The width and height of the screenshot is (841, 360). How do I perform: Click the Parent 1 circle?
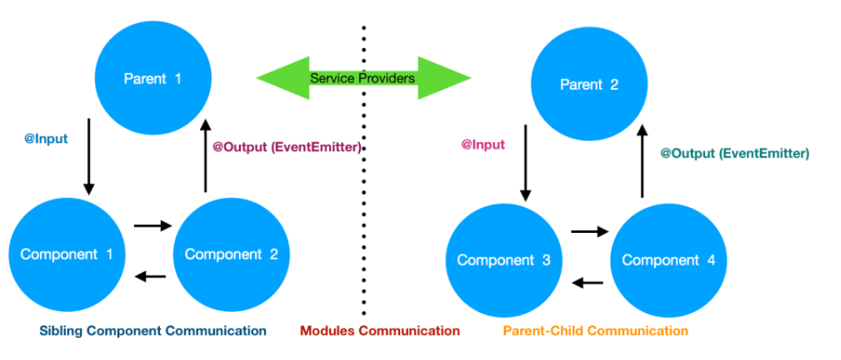tap(152, 79)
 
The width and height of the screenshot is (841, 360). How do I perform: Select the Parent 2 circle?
tap(589, 85)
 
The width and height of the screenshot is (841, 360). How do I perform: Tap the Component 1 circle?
tap(67, 254)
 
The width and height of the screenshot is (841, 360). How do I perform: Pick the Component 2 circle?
tap(231, 254)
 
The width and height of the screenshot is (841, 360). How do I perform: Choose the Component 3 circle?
tap(504, 260)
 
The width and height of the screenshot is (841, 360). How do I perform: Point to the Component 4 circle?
tap(668, 260)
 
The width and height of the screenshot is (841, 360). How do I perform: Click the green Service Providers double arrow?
tap(363, 79)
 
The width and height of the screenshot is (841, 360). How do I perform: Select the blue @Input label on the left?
tap(46, 139)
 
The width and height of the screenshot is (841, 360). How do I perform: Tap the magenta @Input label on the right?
tap(483, 144)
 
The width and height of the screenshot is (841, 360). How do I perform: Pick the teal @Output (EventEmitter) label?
tap(734, 153)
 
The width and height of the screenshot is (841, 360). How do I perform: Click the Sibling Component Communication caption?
tap(153, 331)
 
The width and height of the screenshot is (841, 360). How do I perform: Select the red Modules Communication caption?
tap(380, 331)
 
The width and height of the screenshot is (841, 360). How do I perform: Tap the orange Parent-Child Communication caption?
tap(595, 331)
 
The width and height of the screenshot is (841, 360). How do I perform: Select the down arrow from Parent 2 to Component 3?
tap(525, 163)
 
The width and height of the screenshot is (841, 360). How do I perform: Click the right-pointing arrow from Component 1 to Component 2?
tap(152, 226)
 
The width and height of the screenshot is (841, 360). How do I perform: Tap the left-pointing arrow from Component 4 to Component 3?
tap(588, 283)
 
